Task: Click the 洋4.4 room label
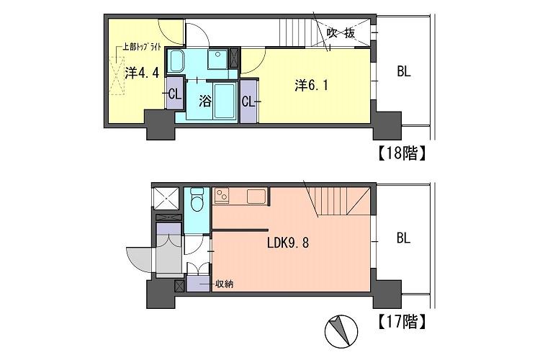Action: (142, 73)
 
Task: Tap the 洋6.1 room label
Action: (311, 86)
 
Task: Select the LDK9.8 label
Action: (288, 243)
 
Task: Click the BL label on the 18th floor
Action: (404, 72)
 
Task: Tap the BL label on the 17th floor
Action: (404, 238)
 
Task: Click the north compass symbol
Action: (341, 331)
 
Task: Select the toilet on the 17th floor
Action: (197, 199)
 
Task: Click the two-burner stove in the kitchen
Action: (222, 196)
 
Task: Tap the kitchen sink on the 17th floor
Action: (256, 197)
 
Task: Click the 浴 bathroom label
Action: (205, 101)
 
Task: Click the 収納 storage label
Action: (224, 284)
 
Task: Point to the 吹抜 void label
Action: (341, 33)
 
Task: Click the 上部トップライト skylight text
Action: (143, 47)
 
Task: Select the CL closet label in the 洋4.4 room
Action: (175, 94)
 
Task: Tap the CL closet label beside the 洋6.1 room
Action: (248, 102)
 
